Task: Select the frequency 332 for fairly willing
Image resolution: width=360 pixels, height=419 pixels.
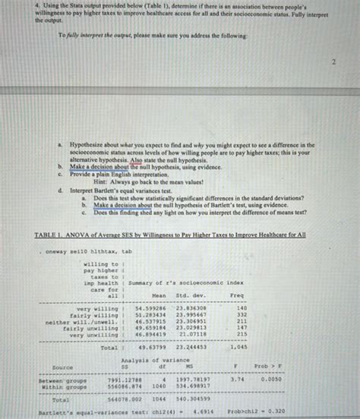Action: pyautogui.click(x=242, y=316)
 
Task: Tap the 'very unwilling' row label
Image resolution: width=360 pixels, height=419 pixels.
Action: pyautogui.click(x=93, y=335)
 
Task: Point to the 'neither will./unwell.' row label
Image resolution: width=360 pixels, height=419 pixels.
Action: pyautogui.click(x=83, y=322)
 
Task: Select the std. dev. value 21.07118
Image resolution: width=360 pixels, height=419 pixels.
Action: pyautogui.click(x=190, y=335)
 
